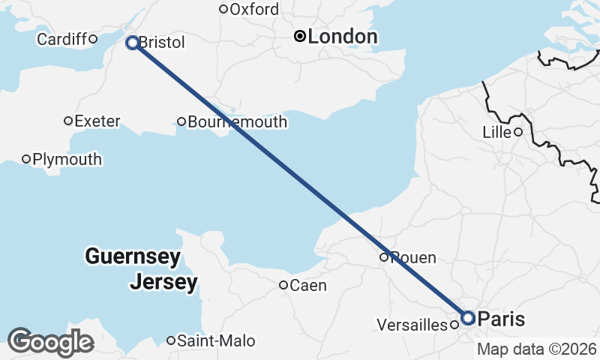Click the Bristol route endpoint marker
point(132,43)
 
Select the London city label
point(342,37)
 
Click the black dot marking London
point(300,36)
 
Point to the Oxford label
point(253,10)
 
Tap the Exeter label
point(97,121)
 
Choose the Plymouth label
point(67,159)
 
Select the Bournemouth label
point(238,121)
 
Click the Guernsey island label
point(133,257)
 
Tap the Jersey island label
point(163,283)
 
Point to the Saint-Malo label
point(216,341)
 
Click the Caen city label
point(307,285)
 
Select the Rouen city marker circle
point(384,257)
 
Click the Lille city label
point(496,133)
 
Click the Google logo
point(49,342)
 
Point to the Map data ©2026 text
point(537,349)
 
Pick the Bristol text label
point(161,43)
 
